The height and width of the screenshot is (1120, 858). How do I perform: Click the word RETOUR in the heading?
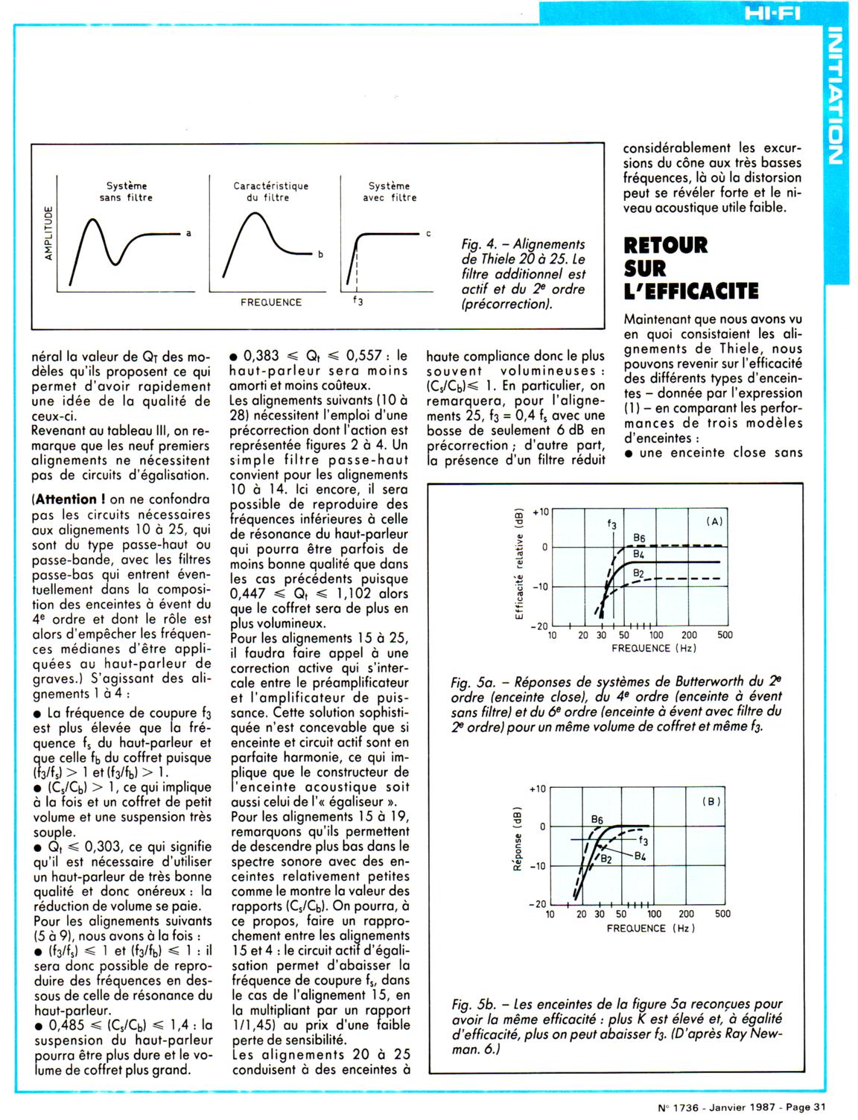(666, 245)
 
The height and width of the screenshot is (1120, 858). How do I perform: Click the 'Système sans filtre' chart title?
(126, 191)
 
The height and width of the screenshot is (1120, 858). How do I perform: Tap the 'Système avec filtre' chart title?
(390, 191)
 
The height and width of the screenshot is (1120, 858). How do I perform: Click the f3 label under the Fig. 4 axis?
(357, 303)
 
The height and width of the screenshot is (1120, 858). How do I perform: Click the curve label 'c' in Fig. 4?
(429, 234)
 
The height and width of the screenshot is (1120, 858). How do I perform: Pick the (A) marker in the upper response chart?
(714, 521)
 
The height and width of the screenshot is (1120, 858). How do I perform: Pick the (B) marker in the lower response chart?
(713, 801)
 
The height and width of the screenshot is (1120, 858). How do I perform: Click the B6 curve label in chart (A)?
(639, 538)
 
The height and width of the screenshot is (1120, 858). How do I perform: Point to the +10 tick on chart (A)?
(538, 512)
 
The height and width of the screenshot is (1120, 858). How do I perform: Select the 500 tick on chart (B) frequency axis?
(722, 914)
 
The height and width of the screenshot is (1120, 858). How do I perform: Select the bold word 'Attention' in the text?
(66, 499)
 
